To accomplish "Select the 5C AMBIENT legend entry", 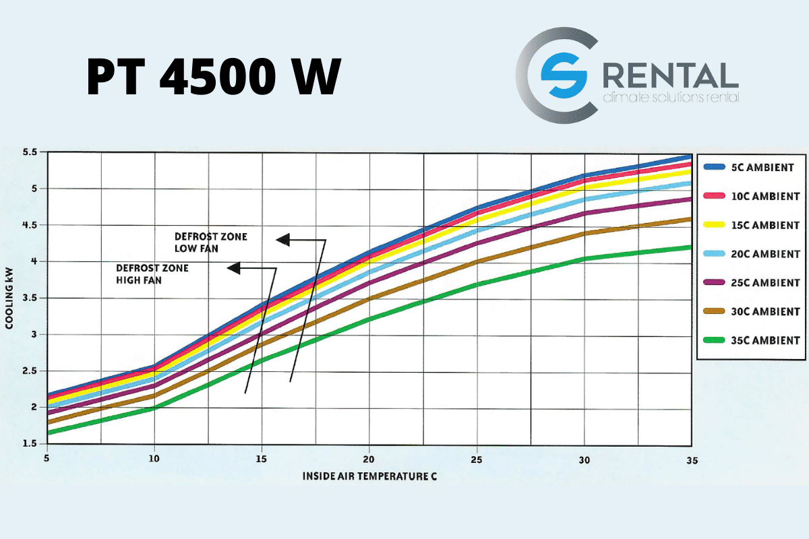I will (x=749, y=167).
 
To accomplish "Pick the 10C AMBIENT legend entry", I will (x=749, y=196).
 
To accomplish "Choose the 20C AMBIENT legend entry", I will (x=749, y=254).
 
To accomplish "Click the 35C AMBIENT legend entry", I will (x=749, y=340).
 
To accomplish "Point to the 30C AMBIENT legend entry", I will (x=749, y=311).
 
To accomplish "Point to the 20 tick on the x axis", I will (x=369, y=459).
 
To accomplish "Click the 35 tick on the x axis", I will (x=691, y=459).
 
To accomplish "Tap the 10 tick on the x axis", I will (x=154, y=459).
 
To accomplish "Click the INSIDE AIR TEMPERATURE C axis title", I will (x=369, y=476).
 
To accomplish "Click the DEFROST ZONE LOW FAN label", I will (x=211, y=243).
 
